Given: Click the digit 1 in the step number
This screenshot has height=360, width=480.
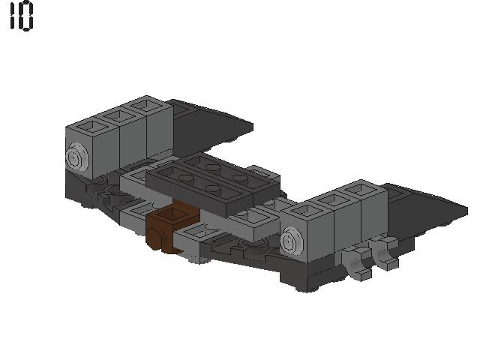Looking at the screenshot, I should point(13,16).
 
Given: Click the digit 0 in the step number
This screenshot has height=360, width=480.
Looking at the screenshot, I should point(25,16).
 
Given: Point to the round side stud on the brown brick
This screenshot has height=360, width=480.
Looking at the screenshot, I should point(156,238).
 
